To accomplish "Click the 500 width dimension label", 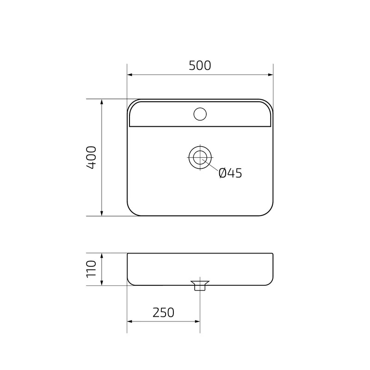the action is pos(200,66).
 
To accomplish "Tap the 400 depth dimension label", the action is pos(92,157).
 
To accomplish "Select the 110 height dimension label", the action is pos(92,269).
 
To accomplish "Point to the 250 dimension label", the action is pos(163,313).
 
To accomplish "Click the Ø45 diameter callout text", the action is pos(230,173).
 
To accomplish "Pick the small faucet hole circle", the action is pos(200,114).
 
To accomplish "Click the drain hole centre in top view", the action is pos(200,157).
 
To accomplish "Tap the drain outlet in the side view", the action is pos(200,285).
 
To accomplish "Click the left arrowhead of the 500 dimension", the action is pos(129,75).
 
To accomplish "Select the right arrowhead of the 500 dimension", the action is pos(271,75).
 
